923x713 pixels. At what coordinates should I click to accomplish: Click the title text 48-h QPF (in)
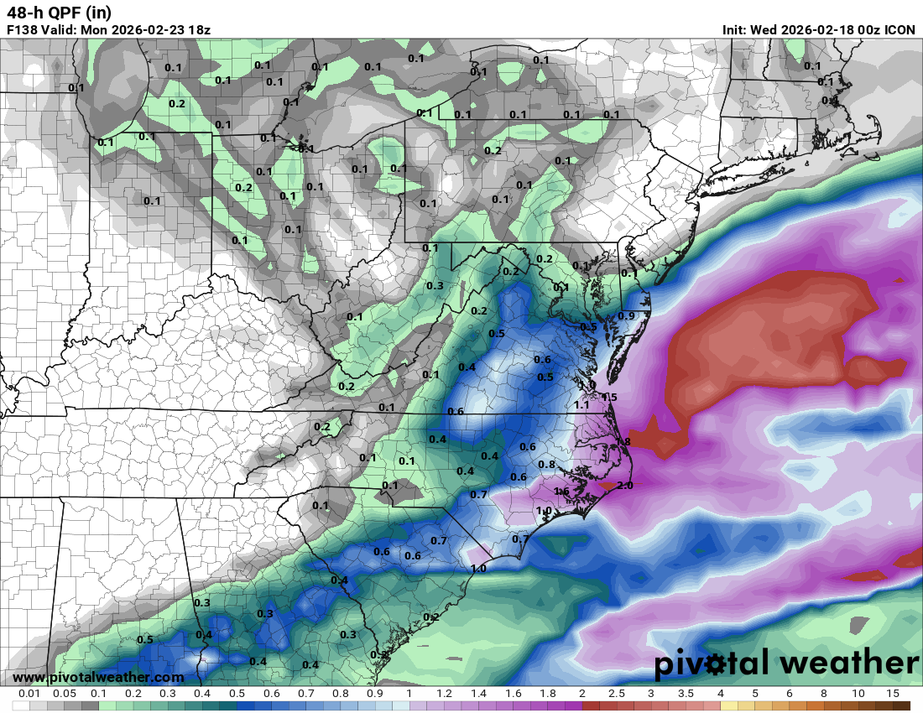coord(59,13)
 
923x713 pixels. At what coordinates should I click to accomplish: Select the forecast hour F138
coord(23,29)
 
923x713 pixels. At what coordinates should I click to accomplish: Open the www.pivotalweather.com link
coord(98,677)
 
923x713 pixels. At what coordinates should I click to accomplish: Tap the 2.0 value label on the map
coord(624,485)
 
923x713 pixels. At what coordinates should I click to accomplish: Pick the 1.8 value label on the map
coord(623,441)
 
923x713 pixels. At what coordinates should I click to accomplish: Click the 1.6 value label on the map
coord(562,491)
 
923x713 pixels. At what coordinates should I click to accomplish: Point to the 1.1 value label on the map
coord(581,404)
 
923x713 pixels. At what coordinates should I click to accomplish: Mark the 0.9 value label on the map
coord(626,315)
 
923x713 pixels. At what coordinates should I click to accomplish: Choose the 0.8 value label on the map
coord(546,464)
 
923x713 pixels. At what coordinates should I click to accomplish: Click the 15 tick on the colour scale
coord(893,694)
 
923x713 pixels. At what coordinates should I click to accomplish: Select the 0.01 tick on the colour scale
coord(30,694)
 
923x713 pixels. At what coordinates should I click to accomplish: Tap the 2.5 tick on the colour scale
coord(617,694)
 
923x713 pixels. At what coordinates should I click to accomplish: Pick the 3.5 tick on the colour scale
coord(686,694)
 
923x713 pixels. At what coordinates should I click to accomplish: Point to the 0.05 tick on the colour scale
coord(65,694)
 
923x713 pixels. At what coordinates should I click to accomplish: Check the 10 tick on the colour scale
coord(858,694)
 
